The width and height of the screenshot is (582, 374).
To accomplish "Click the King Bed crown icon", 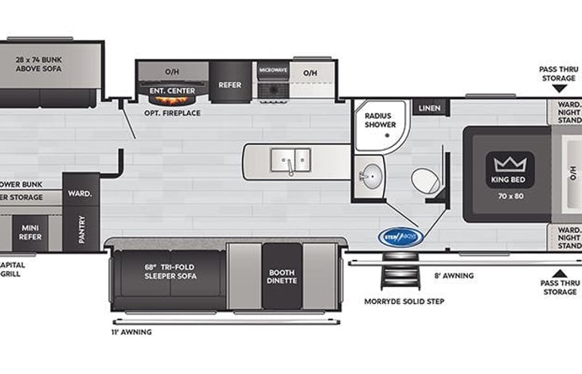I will click(x=510, y=164).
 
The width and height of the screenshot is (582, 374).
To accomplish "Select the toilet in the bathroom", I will click(x=426, y=180).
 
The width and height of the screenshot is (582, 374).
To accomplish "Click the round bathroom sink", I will click(x=370, y=177).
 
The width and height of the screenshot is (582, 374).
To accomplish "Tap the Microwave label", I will click(x=272, y=70).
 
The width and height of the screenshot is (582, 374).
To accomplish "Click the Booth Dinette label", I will click(x=282, y=276).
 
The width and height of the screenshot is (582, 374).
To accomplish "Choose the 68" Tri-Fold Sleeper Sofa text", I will click(x=170, y=271).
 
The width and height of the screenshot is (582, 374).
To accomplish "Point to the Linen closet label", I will click(x=429, y=108).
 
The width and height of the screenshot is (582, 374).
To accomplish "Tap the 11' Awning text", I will click(x=131, y=331).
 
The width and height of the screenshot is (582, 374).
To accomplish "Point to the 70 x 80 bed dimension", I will click(x=510, y=194).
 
